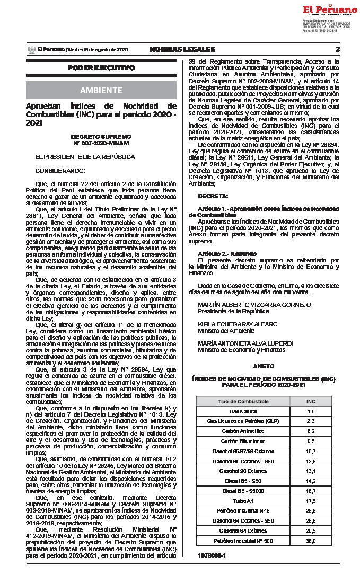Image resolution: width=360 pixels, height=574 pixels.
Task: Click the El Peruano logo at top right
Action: [330, 10]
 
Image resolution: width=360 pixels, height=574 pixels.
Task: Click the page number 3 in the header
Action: [337, 49]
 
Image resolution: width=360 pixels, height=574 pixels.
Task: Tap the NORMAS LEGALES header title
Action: [182, 49]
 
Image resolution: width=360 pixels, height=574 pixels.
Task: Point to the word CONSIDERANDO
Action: [60, 170]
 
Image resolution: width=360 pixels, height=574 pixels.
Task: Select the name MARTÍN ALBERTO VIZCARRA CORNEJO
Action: [254, 305]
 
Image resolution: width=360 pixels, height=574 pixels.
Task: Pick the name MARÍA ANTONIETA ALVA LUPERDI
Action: [249, 343]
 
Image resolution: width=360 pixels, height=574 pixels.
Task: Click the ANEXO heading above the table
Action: [264, 366]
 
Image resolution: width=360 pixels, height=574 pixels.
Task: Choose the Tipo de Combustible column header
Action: [243, 401]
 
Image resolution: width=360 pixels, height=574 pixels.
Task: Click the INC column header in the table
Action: [311, 401]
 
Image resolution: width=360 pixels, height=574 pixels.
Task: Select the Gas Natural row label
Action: [243, 411]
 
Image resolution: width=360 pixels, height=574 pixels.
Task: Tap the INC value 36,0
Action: [311, 541]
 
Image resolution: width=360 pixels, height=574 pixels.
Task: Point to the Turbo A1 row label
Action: [243, 501]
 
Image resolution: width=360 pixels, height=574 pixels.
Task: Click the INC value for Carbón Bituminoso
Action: [311, 441]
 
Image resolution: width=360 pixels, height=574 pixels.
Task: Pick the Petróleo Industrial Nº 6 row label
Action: [243, 511]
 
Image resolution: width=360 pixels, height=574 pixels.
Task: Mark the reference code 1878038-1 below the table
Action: [210, 555]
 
